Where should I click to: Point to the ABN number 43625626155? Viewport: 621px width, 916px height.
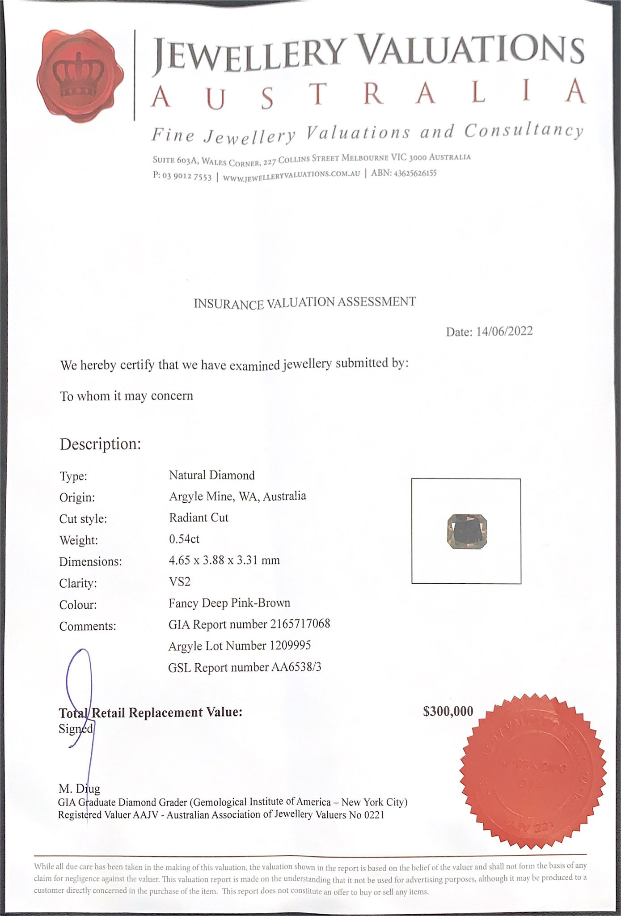click(414, 173)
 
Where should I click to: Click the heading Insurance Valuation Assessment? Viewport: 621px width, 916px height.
click(304, 303)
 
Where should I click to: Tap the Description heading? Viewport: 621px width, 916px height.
click(101, 444)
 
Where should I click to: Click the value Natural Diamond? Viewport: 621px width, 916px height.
click(211, 475)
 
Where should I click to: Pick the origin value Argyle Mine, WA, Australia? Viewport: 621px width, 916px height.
click(237, 496)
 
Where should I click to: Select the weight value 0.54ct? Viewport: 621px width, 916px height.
click(184, 539)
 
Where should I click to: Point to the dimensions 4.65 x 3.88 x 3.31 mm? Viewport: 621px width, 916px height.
click(224, 560)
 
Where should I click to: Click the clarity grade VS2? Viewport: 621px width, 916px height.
click(179, 581)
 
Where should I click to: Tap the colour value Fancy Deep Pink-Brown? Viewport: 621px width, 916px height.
click(229, 603)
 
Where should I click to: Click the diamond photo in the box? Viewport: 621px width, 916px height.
click(466, 531)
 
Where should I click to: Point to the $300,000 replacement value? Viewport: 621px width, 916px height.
click(448, 711)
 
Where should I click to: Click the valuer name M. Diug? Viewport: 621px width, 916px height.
click(79, 789)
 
